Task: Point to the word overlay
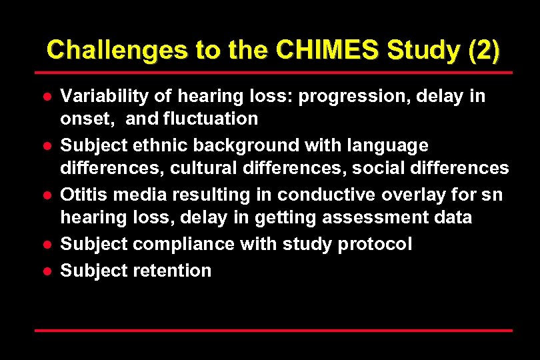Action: point(417,195)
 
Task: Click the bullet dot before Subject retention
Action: point(47,271)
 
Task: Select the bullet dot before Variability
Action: point(47,97)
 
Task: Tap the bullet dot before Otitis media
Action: point(47,195)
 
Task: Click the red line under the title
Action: point(273,72)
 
